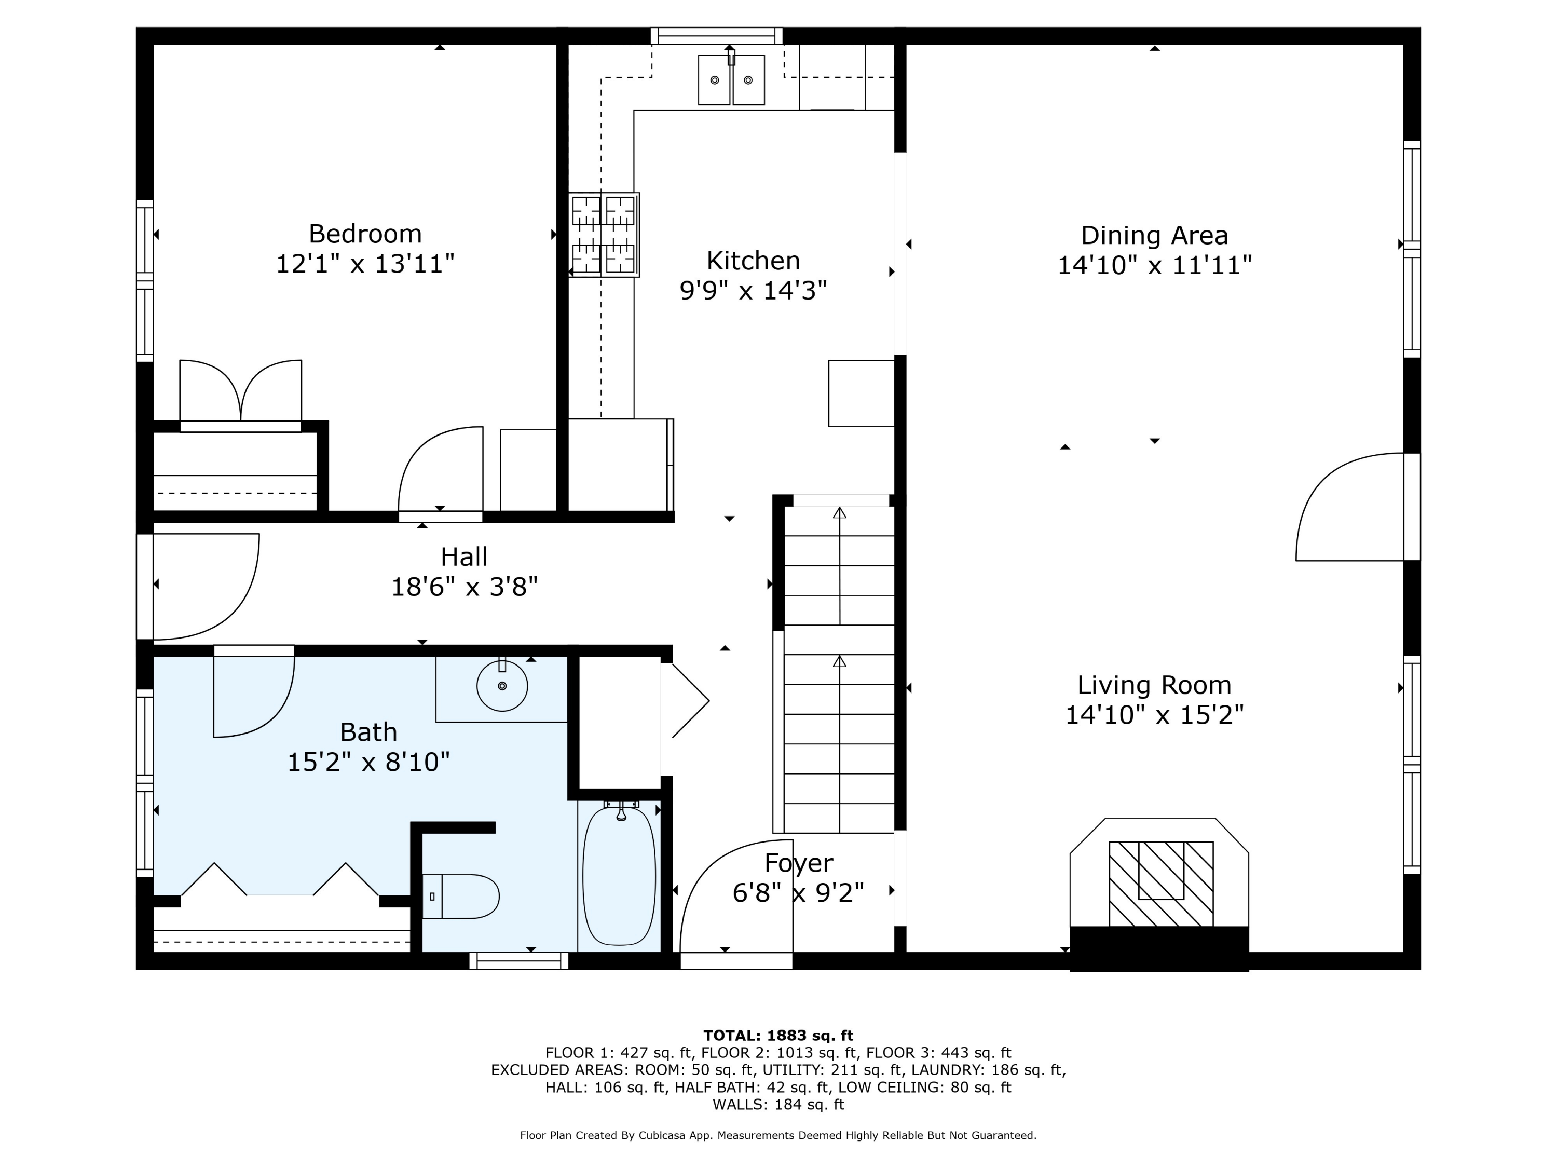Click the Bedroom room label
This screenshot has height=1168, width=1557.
[x=365, y=233]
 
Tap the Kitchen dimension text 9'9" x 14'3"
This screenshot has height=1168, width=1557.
[x=753, y=290]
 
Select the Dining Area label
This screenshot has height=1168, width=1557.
[x=1154, y=236]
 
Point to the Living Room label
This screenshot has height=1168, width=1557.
[x=1154, y=685]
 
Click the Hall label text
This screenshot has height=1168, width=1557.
[x=464, y=557]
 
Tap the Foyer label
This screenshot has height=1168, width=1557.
[x=799, y=864]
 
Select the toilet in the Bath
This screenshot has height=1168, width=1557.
[x=460, y=896]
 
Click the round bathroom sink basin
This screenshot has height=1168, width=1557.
[x=502, y=686]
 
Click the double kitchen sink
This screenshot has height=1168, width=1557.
[x=731, y=79]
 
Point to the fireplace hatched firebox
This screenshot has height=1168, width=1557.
[x=1162, y=884]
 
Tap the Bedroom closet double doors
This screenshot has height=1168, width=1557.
[x=241, y=391]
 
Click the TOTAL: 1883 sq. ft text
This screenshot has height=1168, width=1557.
[x=778, y=1036]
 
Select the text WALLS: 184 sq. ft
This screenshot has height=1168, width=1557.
[x=778, y=1105]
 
